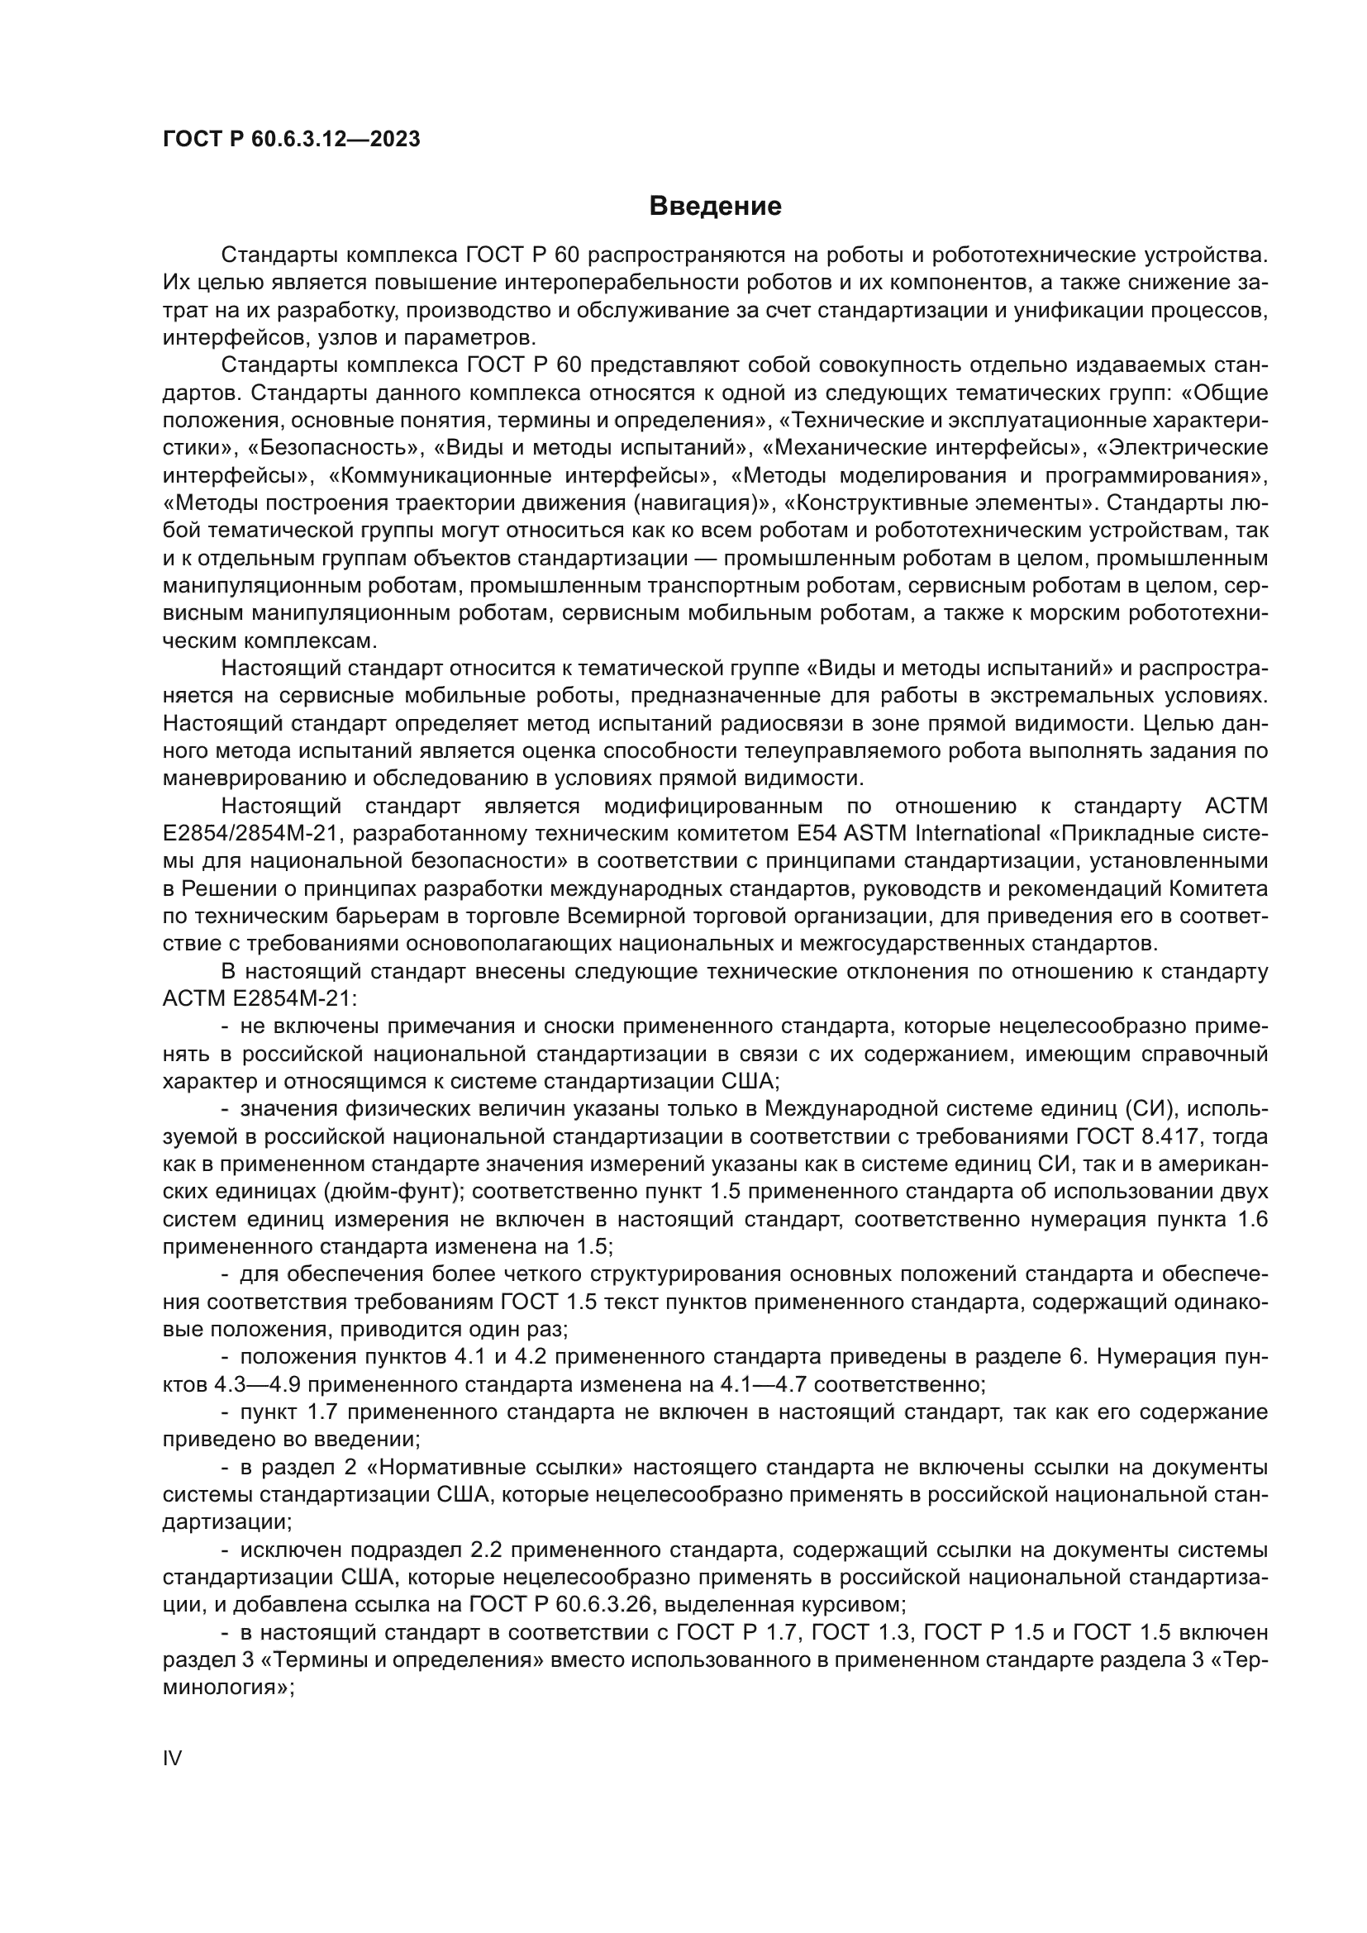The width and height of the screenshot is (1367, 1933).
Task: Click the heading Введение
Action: click(716, 207)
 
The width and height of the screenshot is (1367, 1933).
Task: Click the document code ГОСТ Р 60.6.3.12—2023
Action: click(291, 140)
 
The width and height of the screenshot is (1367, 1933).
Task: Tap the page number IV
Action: click(172, 1759)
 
